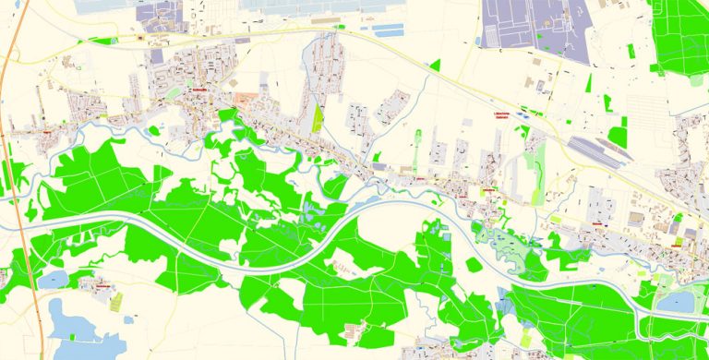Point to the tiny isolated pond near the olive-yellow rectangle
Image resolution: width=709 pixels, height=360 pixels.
[128, 318]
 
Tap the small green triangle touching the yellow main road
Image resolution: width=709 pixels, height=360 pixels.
[435, 66]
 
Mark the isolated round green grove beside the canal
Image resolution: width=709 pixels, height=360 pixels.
[474, 265]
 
